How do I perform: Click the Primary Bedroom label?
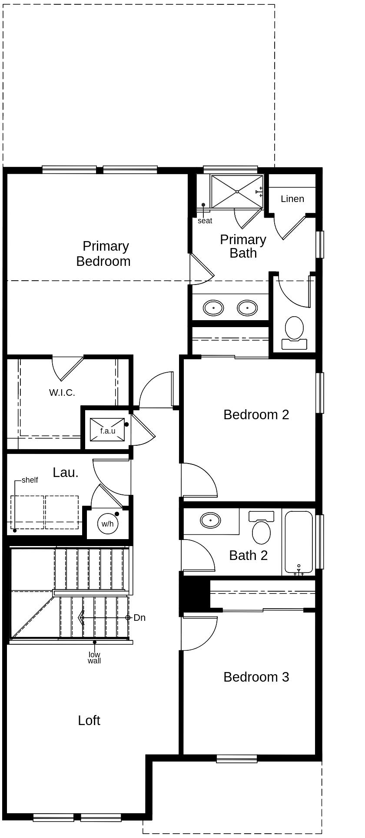pyautogui.click(x=103, y=254)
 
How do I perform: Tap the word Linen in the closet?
pyautogui.click(x=292, y=199)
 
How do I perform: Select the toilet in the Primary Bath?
pyautogui.click(x=294, y=328)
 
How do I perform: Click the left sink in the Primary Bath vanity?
pyautogui.click(x=213, y=308)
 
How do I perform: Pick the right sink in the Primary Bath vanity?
pyautogui.click(x=247, y=308)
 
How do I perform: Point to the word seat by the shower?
pyautogui.click(x=205, y=221)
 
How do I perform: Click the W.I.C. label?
pyautogui.click(x=62, y=393)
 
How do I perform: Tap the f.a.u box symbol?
pyautogui.click(x=107, y=429)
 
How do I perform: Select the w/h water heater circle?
pyautogui.click(x=107, y=523)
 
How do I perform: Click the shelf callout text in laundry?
pyautogui.click(x=30, y=480)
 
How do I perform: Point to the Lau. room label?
pyautogui.click(x=66, y=473)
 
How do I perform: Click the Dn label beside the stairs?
pyautogui.click(x=139, y=617)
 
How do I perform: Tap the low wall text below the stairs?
pyautogui.click(x=94, y=658)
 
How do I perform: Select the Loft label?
pyautogui.click(x=89, y=720)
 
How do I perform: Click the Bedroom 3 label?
pyautogui.click(x=256, y=677)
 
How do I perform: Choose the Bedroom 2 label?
pyautogui.click(x=256, y=414)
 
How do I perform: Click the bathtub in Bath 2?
pyautogui.click(x=299, y=542)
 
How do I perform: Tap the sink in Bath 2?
pyautogui.click(x=210, y=519)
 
